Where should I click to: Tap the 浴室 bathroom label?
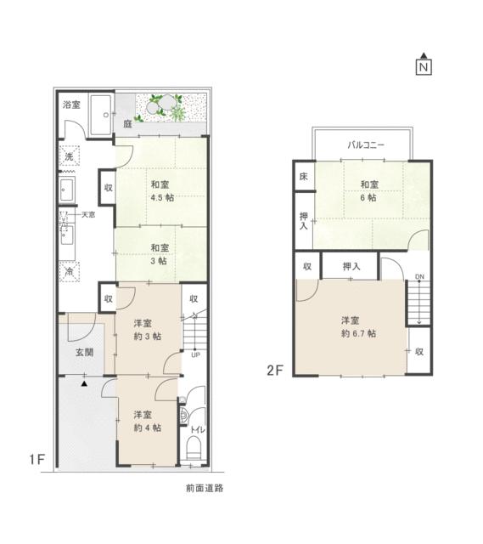[72, 105]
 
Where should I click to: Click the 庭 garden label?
[126, 124]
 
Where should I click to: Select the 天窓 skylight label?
[87, 216]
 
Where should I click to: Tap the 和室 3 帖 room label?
[159, 254]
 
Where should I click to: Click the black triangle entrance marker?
[84, 384]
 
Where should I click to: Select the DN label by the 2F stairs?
[418, 278]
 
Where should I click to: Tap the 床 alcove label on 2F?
[303, 177]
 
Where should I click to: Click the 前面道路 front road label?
[205, 489]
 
